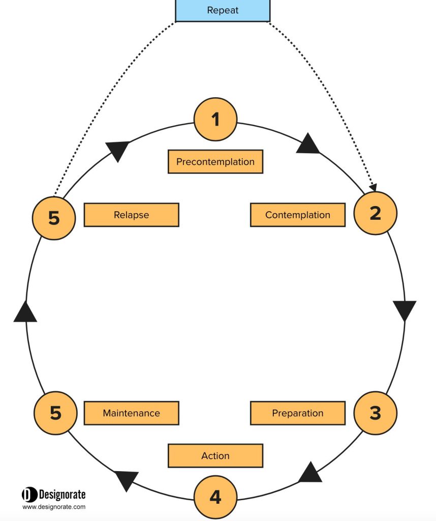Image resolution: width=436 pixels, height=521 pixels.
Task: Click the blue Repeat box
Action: point(223,10)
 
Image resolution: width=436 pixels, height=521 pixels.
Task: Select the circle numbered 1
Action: point(215,119)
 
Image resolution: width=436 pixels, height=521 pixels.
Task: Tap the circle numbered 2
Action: point(376,213)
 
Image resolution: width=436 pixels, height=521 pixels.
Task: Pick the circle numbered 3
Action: point(376,413)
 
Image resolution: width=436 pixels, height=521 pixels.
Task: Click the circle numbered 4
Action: point(215,497)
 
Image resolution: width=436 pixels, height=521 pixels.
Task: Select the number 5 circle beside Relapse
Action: point(54,218)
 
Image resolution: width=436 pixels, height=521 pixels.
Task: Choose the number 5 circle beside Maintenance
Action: point(55,413)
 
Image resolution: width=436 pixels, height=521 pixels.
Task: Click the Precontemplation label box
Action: point(215,161)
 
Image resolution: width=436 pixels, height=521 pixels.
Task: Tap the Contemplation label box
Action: point(298,215)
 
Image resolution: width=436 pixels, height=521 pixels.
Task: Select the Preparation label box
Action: point(298,413)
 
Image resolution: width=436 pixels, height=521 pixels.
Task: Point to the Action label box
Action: point(215,455)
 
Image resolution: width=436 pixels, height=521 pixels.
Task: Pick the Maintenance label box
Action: point(132,413)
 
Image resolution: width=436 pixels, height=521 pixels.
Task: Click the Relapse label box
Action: point(132,215)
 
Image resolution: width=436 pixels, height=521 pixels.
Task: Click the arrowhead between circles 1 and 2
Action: point(308,144)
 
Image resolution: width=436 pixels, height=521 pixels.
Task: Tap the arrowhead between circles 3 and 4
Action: point(310,473)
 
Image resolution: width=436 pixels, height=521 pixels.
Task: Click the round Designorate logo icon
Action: point(29,495)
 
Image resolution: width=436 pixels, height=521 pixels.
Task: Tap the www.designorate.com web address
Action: point(54,507)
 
